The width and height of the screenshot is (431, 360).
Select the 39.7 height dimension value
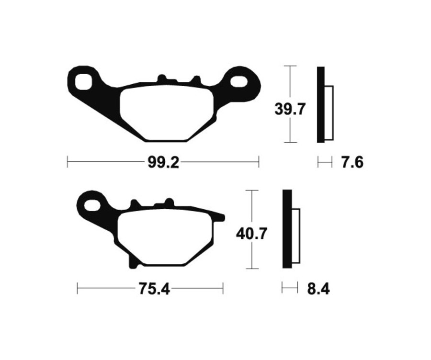click(289, 110)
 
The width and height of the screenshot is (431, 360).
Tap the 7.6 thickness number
click(352, 163)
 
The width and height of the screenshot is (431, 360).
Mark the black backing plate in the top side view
click(320, 104)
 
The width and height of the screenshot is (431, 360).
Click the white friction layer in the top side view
click(329, 113)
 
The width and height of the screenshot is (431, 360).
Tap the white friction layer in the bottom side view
click(295, 236)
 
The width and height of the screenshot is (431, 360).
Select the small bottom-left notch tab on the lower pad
click(134, 262)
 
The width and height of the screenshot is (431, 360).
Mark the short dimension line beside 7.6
click(325, 163)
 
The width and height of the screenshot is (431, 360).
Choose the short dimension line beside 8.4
click(289, 288)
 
